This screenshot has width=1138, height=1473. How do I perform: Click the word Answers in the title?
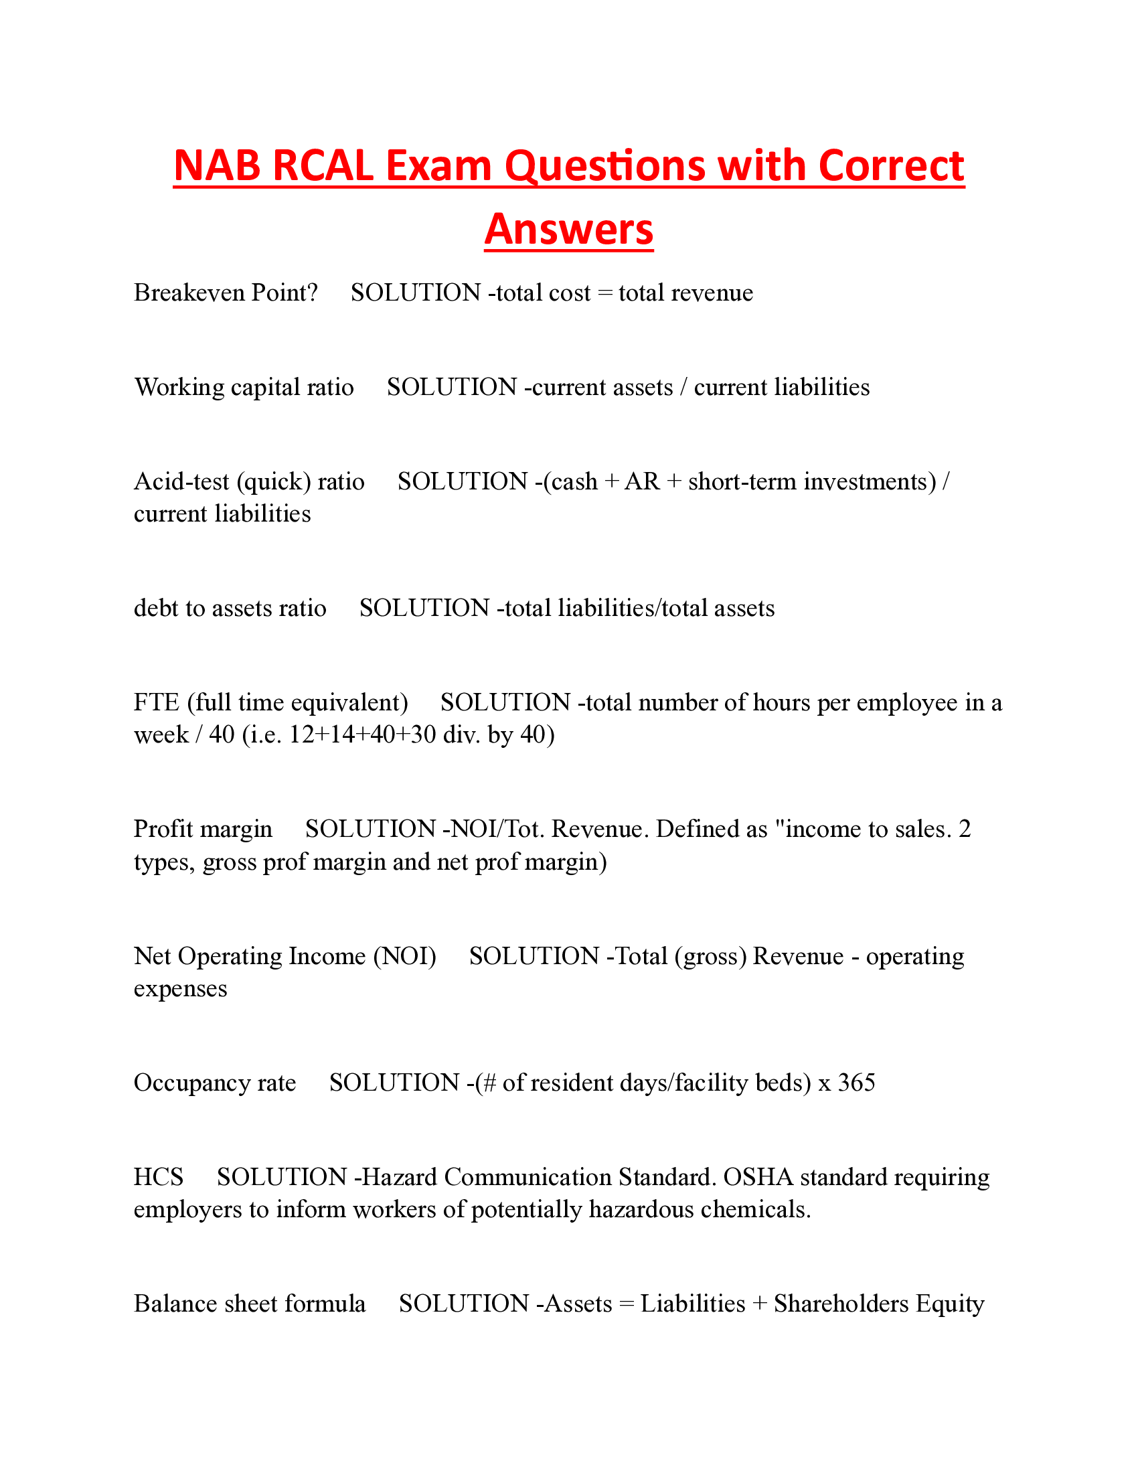tap(568, 230)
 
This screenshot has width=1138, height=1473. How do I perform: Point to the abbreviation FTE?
tap(157, 703)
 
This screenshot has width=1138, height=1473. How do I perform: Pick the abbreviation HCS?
tap(159, 1178)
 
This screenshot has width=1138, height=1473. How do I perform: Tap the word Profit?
tap(161, 830)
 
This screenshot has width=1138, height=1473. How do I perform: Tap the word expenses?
tap(180, 990)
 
